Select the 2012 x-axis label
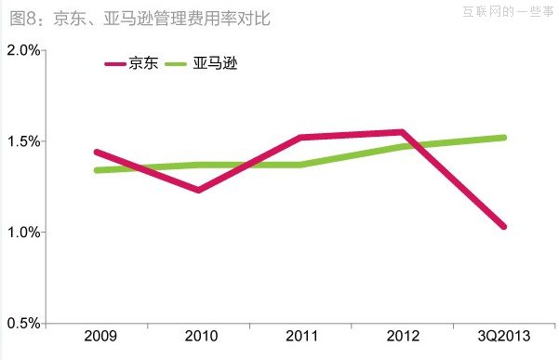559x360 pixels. [402, 337]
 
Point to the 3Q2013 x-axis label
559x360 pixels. [503, 337]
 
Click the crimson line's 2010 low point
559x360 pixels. [198, 190]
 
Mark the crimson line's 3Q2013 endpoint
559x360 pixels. [503, 226]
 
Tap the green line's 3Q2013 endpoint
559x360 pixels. [503, 138]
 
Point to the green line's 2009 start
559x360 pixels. [97, 170]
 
